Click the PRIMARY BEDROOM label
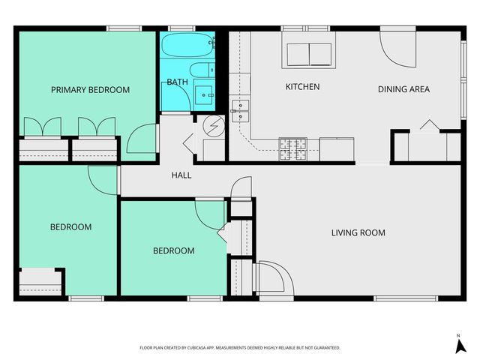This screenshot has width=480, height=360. (90, 90)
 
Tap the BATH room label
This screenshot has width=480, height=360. (178, 82)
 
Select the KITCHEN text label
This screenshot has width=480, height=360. (302, 87)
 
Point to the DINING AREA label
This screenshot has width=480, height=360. (403, 89)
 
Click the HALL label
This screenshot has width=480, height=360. (181, 175)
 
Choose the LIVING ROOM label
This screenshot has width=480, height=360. (358, 232)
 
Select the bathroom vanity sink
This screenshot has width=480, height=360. (203, 94)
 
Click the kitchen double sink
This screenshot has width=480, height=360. (240, 110)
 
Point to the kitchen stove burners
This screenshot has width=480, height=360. (292, 148)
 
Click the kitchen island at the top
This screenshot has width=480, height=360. (309, 55)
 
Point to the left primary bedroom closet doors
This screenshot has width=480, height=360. (43, 127)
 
